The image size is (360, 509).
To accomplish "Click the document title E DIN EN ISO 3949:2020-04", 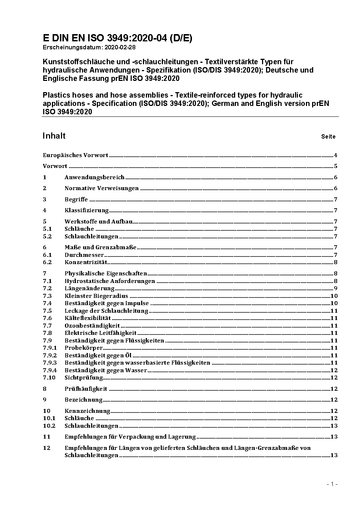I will point(118,38).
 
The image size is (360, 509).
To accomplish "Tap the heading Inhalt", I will point(54,136).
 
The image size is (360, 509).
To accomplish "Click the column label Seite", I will point(328,137).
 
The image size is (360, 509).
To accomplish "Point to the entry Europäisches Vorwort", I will point(75,155).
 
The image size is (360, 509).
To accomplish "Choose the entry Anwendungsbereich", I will point(94,177).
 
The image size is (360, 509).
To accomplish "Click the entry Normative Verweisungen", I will point(102,188).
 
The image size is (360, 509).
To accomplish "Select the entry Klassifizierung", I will point(87,210).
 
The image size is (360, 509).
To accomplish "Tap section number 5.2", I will point(48,237).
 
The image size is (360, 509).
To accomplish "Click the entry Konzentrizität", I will point(86,262).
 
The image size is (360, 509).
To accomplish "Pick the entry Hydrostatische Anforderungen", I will point(110,281).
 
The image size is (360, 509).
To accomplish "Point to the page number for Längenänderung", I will point(336,288).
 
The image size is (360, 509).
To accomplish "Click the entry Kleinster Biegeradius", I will point(96,296).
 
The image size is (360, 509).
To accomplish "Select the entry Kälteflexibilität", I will point(87,318).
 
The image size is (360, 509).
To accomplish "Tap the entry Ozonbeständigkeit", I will point(92,326).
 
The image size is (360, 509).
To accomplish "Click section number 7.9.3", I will point(50,363).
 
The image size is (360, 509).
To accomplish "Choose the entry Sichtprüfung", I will point(83,378).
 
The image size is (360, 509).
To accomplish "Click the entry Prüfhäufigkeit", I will point(86,389).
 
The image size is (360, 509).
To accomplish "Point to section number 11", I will point(46,437).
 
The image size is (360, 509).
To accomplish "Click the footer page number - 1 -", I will point(332,484).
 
